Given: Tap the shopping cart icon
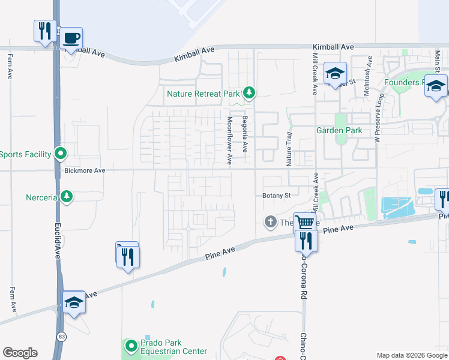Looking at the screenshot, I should click(304, 223).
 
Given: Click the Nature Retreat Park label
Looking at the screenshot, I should click(203, 94).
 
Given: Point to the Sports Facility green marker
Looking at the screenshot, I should click(60, 154).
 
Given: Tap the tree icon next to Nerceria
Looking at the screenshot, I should click(67, 197).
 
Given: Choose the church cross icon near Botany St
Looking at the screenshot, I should click(270, 222).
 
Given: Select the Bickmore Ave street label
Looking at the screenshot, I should click(85, 171).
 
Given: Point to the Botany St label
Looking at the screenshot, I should click(276, 196).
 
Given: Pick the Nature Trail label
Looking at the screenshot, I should click(289, 149).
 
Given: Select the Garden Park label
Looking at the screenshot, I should click(339, 130).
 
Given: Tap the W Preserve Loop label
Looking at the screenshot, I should click(378, 118).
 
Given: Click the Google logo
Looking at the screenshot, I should click(20, 352).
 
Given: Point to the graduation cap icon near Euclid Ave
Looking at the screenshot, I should click(74, 302).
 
